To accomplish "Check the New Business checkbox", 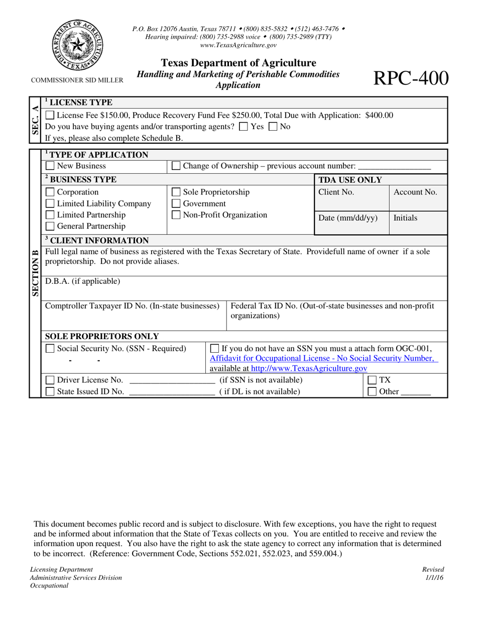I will tap(50, 166).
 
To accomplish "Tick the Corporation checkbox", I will tap(50, 192).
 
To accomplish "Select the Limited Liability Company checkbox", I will tap(50, 203).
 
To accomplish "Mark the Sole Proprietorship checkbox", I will tap(176, 192).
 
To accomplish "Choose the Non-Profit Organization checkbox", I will tap(176, 215).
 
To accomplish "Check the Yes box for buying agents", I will tap(244, 127).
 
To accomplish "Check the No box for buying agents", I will tap(274, 127).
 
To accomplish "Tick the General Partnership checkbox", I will tap(50, 227).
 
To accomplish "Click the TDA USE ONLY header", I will tap(350, 180).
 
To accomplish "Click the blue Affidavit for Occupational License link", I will tap(322, 358).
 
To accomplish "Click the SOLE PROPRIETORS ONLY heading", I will tap(102, 336).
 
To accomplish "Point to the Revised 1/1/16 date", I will tap(433, 573).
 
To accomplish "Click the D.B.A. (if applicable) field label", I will tap(83, 281).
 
